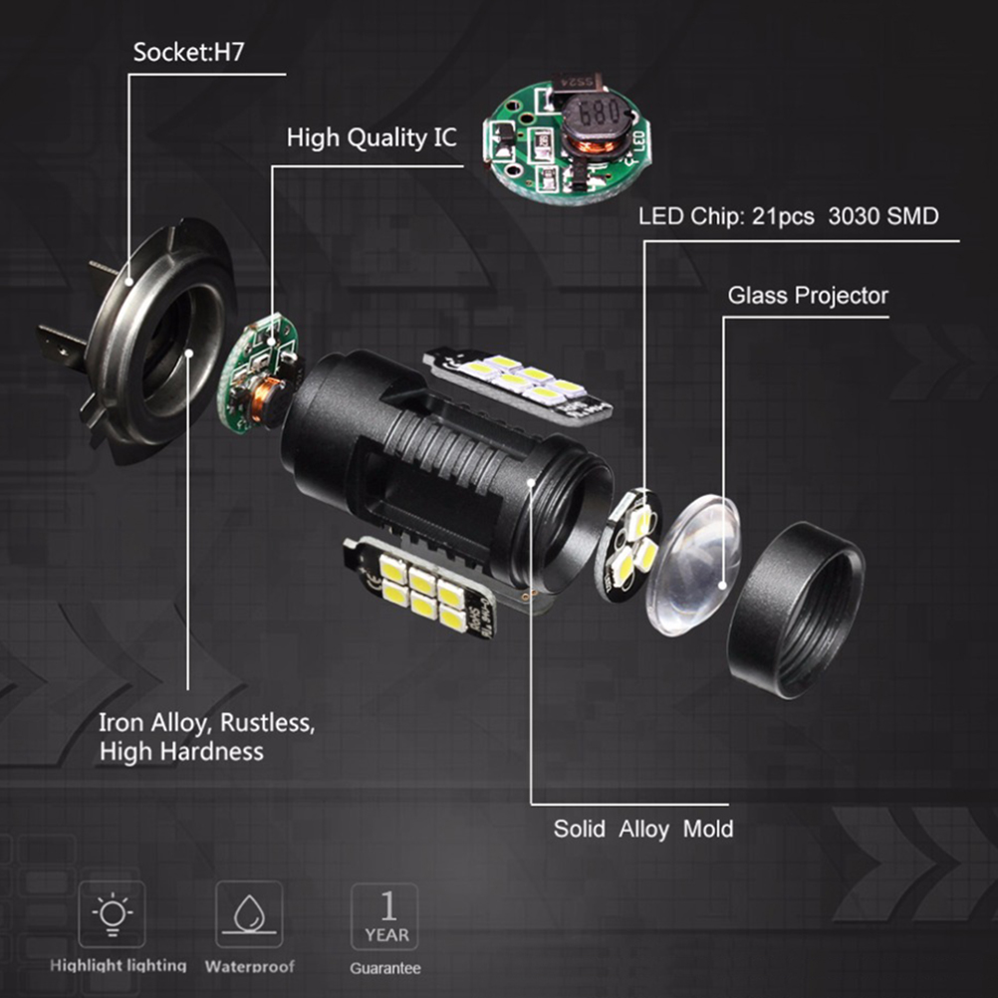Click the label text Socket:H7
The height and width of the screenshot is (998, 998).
[188, 52]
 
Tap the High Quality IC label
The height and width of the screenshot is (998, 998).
[372, 137]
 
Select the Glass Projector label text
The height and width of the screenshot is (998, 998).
[808, 296]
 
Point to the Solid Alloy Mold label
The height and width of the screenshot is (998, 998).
[642, 829]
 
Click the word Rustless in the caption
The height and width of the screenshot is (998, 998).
[267, 723]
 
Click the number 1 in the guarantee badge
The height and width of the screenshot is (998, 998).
[387, 905]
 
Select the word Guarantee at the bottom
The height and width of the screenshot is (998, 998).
[385, 968]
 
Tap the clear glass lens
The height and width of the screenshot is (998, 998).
[694, 565]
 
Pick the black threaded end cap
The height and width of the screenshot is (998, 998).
[796, 610]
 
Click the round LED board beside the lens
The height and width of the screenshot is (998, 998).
[628, 545]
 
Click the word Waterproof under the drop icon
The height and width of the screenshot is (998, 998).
[249, 966]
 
